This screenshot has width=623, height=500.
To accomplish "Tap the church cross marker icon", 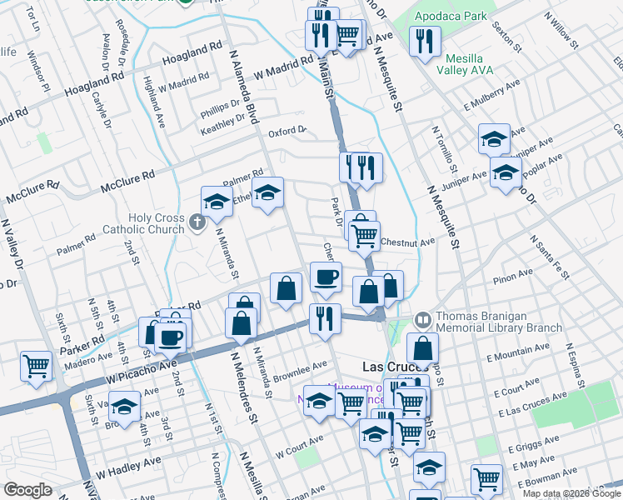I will pyautogui.click(x=197, y=222).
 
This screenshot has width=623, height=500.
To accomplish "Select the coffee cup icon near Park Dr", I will pyautogui.click(x=326, y=276).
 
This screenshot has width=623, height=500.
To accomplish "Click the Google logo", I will pyautogui.click(x=27, y=490).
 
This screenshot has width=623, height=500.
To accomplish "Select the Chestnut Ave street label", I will pyautogui.click(x=408, y=242).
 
